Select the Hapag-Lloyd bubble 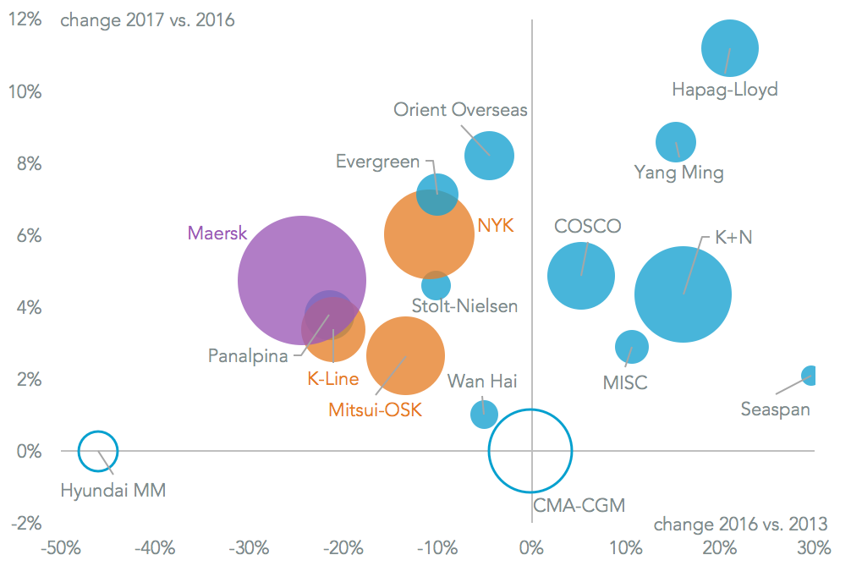click(x=730, y=48)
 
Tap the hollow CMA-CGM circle click(x=530, y=451)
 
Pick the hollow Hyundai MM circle click(x=98, y=451)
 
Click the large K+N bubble click(x=683, y=294)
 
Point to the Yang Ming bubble click(x=675, y=142)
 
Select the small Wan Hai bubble click(x=484, y=415)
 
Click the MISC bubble click(x=631, y=346)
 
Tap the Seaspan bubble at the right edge click(x=810, y=376)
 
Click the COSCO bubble click(x=581, y=275)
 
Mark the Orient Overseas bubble click(x=489, y=156)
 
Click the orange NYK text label click(x=496, y=225)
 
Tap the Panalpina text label click(x=248, y=356)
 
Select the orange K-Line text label click(x=332, y=379)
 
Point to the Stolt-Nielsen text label click(x=464, y=306)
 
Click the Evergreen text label click(x=377, y=162)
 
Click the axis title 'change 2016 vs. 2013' click(x=740, y=522)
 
